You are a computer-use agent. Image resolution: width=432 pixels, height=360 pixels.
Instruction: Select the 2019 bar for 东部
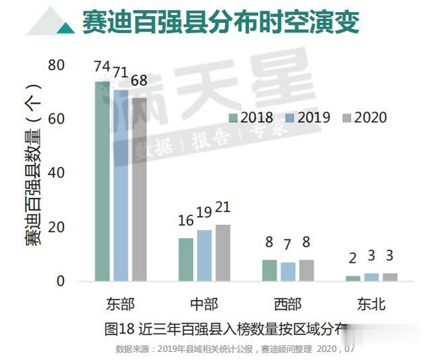pyautogui.click(x=121, y=185)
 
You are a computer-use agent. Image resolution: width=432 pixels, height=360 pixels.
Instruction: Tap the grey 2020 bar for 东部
pyautogui.click(x=139, y=189)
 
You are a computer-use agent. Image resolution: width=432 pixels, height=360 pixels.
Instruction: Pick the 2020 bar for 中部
pyautogui.click(x=223, y=253)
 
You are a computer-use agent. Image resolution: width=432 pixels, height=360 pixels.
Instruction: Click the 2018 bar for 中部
pyautogui.click(x=186, y=259)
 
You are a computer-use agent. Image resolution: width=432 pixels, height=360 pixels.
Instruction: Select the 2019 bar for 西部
pyautogui.click(x=288, y=272)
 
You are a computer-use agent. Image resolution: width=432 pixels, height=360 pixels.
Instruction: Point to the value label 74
pyautogui.click(x=103, y=67)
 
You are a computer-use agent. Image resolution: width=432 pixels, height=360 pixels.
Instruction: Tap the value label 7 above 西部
pyautogui.click(x=288, y=244)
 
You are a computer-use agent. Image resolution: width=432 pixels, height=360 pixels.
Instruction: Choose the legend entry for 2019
pyautogui.click(x=308, y=118)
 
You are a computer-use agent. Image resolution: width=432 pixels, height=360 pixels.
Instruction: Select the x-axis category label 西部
pyautogui.click(x=288, y=304)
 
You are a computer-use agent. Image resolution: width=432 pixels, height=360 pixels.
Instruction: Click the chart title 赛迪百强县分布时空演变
pyautogui.click(x=220, y=22)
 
